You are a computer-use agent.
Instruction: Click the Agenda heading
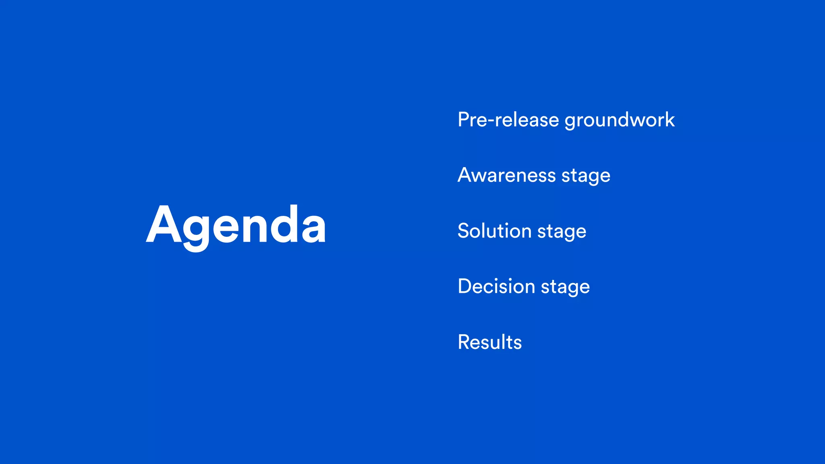tap(236, 226)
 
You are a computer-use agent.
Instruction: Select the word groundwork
tap(620, 121)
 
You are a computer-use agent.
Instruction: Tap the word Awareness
tap(507, 176)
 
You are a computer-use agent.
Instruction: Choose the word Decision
tap(496, 287)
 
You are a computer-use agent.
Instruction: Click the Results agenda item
tap(489, 342)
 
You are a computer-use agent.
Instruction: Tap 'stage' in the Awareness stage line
tap(586, 176)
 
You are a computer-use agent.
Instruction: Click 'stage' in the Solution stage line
tap(562, 232)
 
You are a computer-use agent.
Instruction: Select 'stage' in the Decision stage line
tap(565, 288)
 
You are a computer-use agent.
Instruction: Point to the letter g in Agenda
tap(196, 232)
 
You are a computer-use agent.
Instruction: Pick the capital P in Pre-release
tap(464, 120)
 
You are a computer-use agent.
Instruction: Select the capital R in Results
tap(464, 342)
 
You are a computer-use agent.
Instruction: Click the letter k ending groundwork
tap(669, 120)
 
